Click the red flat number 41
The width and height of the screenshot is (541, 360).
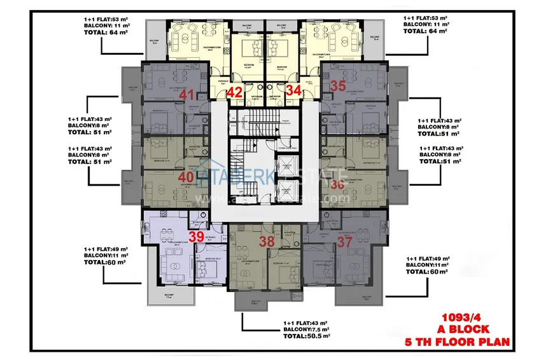(x=187, y=94)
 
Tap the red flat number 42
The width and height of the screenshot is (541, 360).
(x=234, y=92)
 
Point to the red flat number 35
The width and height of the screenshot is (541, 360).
(x=338, y=86)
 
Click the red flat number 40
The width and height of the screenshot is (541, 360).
(x=186, y=177)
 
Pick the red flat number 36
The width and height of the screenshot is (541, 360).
(x=337, y=184)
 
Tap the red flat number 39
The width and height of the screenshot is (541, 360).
(x=197, y=236)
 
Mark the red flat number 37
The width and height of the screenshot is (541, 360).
(x=344, y=241)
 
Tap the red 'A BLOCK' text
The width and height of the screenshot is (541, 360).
(x=462, y=329)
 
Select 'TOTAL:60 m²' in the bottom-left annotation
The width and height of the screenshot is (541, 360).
(x=106, y=261)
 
